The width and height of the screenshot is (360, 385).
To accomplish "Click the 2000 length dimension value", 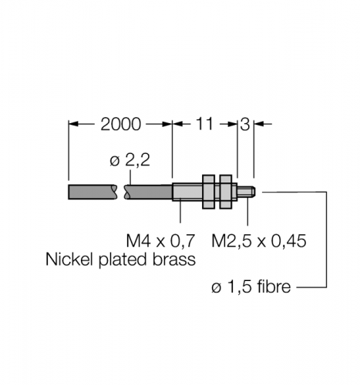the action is (120, 125).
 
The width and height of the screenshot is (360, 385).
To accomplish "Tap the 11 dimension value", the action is (204, 124).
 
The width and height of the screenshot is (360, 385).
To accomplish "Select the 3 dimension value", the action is (245, 125).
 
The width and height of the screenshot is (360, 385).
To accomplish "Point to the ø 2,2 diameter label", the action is (130, 160).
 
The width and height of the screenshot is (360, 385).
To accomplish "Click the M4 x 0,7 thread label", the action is (160, 241).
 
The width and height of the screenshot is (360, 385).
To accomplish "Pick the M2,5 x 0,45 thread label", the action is (259, 241).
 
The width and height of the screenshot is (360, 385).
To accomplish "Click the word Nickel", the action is (69, 259).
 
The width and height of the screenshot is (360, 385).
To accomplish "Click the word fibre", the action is (274, 286).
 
